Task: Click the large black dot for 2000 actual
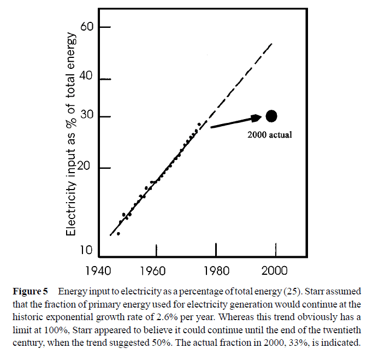[x=271, y=116]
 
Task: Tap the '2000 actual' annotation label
[x=269, y=134]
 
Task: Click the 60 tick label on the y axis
[x=90, y=27]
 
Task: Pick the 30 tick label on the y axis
[x=90, y=116]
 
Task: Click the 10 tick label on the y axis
[x=90, y=251]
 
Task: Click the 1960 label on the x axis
[x=155, y=270]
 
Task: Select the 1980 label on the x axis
[x=216, y=270]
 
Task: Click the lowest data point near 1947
[x=119, y=233]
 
